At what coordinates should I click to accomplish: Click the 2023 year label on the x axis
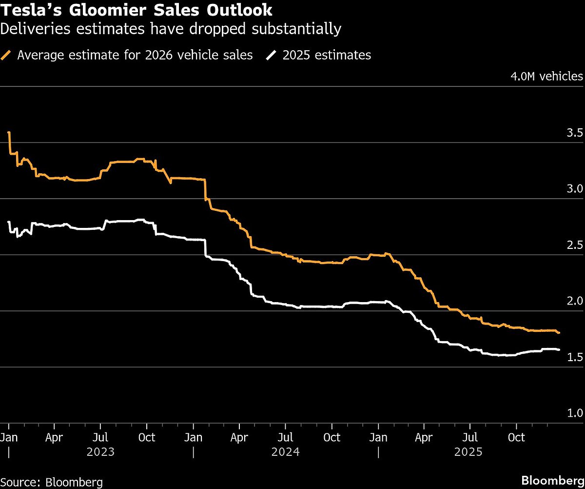(x=100, y=452)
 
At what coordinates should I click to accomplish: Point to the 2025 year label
(x=468, y=452)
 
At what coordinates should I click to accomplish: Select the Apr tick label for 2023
(x=55, y=437)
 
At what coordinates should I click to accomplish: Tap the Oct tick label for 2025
(x=516, y=437)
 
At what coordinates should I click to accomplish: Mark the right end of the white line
(x=559, y=349)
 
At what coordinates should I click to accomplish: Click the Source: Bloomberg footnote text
(x=52, y=482)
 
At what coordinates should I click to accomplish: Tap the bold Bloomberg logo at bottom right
(x=552, y=480)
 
